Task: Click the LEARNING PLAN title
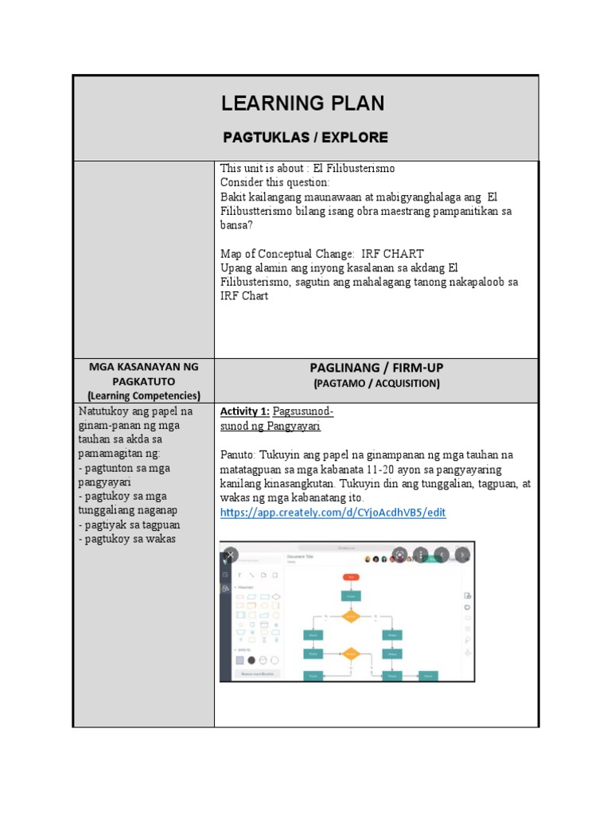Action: click(302, 103)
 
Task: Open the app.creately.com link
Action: click(333, 513)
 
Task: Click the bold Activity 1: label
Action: click(244, 411)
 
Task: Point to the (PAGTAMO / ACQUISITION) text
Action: click(376, 383)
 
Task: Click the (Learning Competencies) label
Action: click(144, 395)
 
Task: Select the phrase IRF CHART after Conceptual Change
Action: click(392, 254)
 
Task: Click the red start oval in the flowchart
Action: click(351, 576)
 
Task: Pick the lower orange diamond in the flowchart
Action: click(351, 654)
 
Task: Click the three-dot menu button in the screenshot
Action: click(421, 555)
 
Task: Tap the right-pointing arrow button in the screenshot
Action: click(462, 555)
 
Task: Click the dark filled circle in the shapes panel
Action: click(251, 660)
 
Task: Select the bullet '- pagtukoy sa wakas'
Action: click(127, 539)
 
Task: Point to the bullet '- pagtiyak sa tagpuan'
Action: click(130, 524)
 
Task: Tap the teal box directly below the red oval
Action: click(351, 595)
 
